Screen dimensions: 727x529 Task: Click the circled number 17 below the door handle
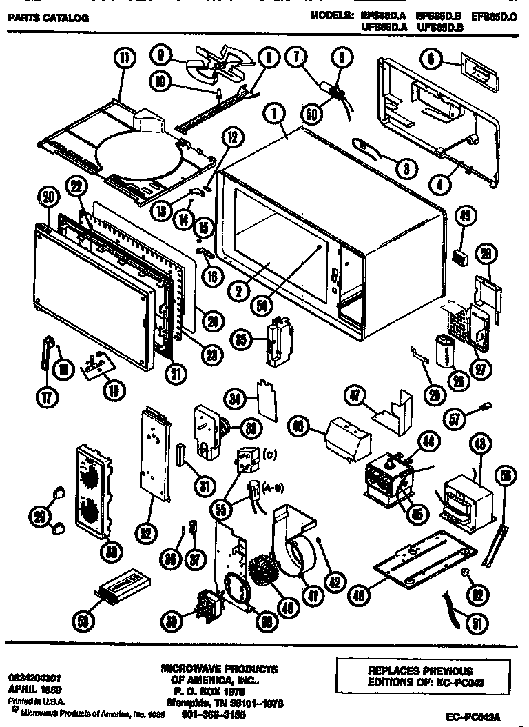click(x=46, y=397)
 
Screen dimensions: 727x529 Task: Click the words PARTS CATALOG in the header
click(x=48, y=18)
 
